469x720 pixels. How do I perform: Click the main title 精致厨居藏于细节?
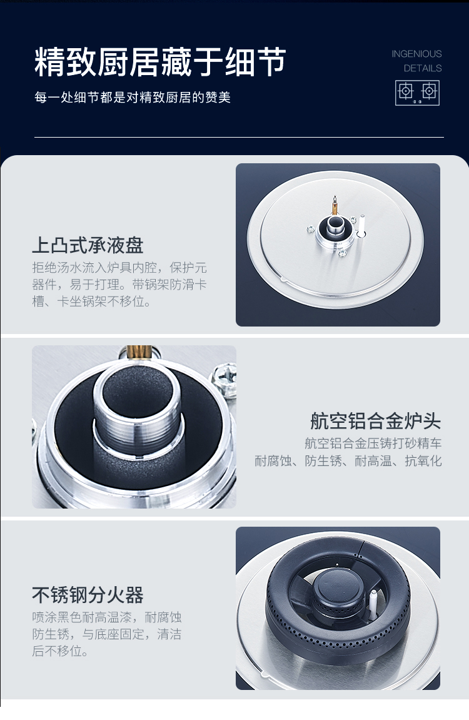(x=160, y=61)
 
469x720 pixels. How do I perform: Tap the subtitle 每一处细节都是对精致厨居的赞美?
(x=132, y=98)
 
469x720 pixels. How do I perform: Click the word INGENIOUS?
(x=416, y=54)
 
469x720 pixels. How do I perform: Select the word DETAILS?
(x=423, y=68)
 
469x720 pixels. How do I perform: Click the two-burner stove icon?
(x=417, y=93)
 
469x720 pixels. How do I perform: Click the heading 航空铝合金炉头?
(x=375, y=420)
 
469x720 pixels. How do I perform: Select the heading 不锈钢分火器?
(x=88, y=595)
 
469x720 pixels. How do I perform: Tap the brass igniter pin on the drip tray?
(x=335, y=205)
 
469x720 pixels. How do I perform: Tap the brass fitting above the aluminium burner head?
(x=139, y=352)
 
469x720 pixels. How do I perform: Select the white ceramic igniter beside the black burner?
(x=373, y=602)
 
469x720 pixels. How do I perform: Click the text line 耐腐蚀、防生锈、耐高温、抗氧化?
(x=348, y=460)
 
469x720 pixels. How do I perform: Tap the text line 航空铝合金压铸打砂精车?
(x=373, y=443)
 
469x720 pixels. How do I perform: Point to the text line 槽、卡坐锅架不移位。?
(x=91, y=302)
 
